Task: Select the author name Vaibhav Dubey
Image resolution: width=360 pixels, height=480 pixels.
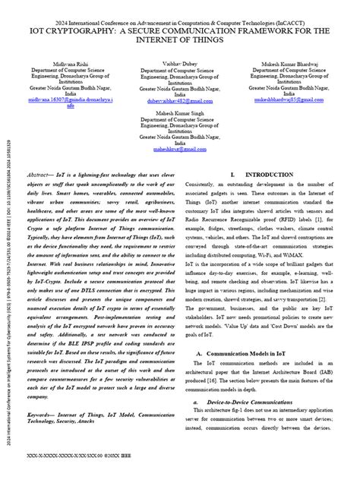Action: (x=179, y=66)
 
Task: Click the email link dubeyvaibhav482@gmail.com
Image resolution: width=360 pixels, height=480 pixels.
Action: (x=180, y=99)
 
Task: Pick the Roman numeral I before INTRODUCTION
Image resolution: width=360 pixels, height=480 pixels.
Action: (x=231, y=174)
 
